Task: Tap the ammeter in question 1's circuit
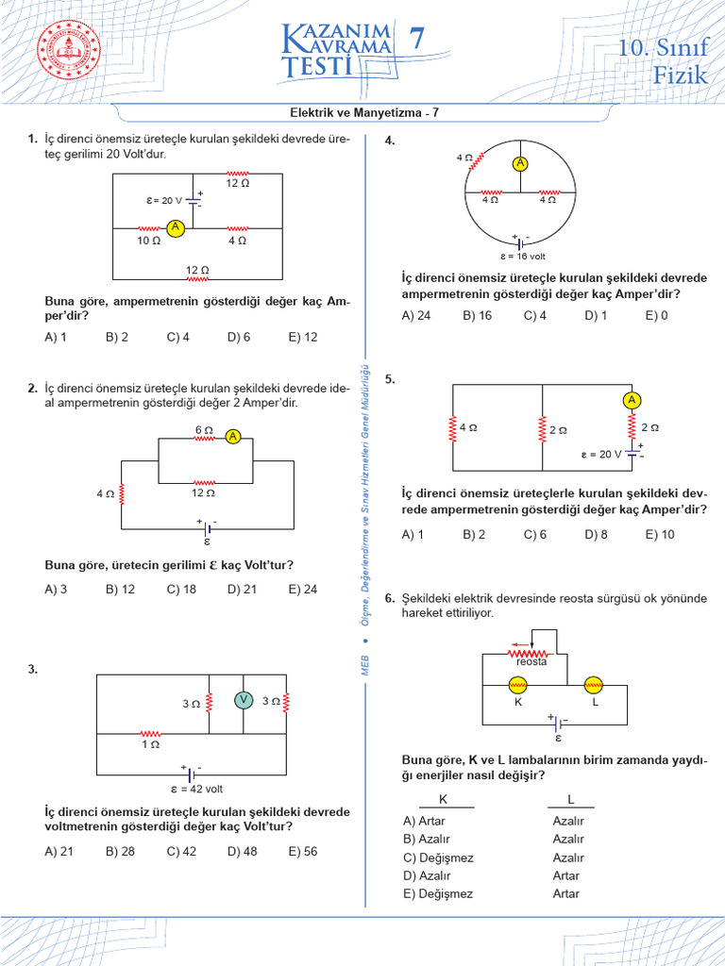tap(174, 227)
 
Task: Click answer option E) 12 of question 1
tap(303, 337)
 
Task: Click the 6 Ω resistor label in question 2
tap(204, 430)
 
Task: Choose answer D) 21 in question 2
tap(242, 590)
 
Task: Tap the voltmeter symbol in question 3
tap(244, 699)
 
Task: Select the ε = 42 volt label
tap(196, 790)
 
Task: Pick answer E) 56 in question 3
tap(303, 851)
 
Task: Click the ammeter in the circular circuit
tap(519, 163)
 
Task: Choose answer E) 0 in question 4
tap(656, 316)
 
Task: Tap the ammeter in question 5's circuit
tap(631, 401)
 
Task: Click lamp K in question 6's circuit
tap(517, 686)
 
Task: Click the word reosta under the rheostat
tap(532, 662)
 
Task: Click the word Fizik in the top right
tap(680, 75)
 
